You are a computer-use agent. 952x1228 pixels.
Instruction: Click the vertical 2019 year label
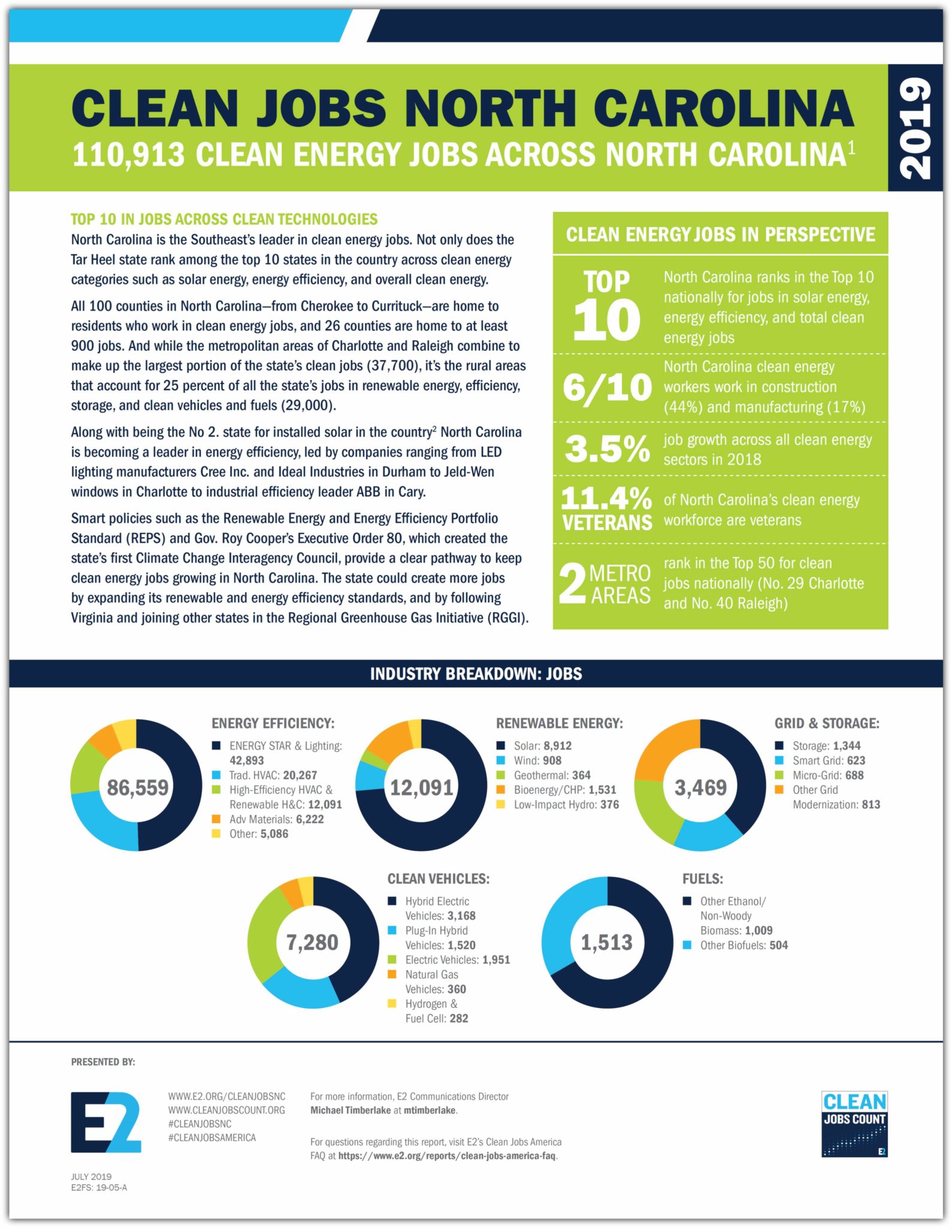(x=915, y=128)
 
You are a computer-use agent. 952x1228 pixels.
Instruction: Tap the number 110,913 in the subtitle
(x=128, y=155)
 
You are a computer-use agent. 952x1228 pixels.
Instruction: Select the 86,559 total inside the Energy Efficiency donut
(x=137, y=787)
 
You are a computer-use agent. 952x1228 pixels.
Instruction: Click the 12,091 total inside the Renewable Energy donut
(x=421, y=787)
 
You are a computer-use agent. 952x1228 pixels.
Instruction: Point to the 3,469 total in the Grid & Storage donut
(x=700, y=787)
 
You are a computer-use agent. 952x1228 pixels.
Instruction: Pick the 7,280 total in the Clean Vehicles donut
(x=312, y=943)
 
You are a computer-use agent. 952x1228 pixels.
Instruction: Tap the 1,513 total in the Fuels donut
(x=606, y=943)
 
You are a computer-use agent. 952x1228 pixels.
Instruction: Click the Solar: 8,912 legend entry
(x=542, y=746)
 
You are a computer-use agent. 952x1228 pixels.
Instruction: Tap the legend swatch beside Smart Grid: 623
(x=779, y=760)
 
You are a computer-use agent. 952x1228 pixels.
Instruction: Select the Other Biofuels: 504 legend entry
(x=744, y=946)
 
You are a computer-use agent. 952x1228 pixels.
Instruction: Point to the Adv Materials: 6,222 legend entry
(x=276, y=819)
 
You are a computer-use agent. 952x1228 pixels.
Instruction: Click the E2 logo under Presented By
(x=106, y=1122)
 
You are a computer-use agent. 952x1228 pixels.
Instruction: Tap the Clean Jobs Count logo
(x=854, y=1124)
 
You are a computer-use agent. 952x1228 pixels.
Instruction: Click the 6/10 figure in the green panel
(x=607, y=387)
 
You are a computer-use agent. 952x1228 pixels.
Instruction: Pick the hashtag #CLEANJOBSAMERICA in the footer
(x=212, y=1137)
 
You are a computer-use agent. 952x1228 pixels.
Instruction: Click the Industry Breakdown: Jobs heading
(x=476, y=674)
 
